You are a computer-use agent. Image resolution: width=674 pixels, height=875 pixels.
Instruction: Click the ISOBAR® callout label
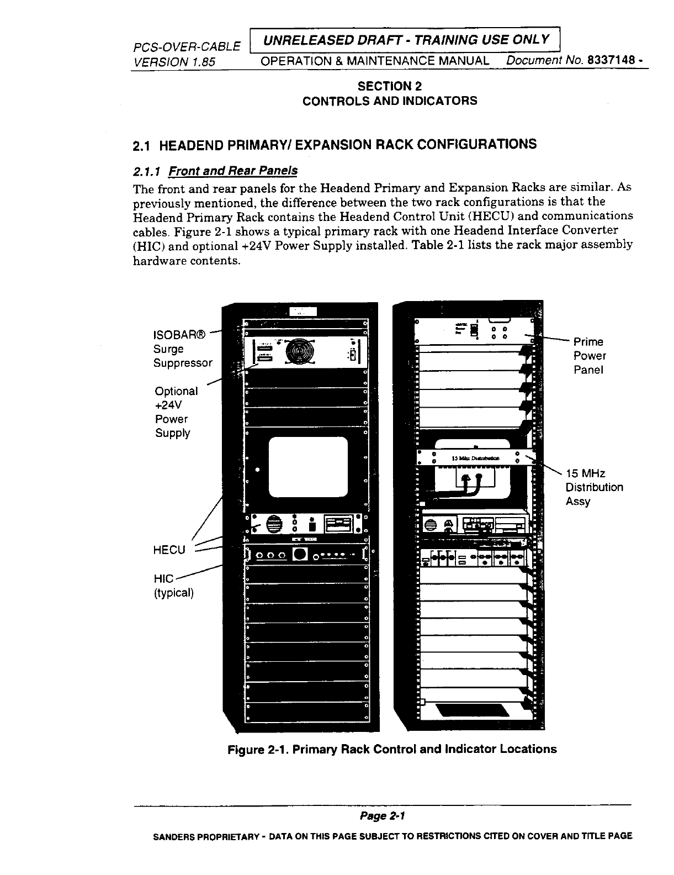click(x=179, y=335)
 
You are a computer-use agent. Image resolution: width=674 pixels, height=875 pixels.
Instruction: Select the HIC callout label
click(x=164, y=578)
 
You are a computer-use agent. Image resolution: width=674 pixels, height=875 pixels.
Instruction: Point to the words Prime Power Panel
click(x=589, y=356)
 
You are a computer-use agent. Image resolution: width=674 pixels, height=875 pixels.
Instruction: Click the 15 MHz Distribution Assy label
click(x=594, y=487)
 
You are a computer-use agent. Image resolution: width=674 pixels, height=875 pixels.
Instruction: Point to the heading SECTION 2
click(x=390, y=86)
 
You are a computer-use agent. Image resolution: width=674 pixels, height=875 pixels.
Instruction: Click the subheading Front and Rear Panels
click(x=233, y=171)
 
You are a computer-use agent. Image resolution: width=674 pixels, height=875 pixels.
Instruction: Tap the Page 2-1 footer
click(x=383, y=815)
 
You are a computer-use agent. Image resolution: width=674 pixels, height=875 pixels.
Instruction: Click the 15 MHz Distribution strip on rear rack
click(x=475, y=457)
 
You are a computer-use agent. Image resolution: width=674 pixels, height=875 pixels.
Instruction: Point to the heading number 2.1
click(x=142, y=145)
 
